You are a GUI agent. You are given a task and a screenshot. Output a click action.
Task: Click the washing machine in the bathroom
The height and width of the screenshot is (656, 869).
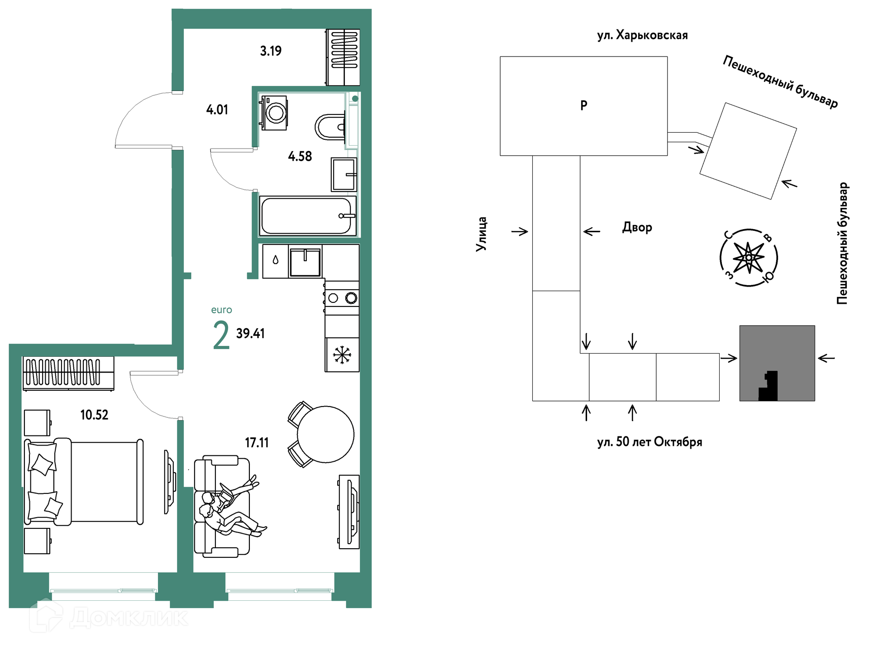pyautogui.click(x=273, y=112)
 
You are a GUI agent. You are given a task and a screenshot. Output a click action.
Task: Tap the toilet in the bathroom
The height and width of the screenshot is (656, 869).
pyautogui.click(x=330, y=127)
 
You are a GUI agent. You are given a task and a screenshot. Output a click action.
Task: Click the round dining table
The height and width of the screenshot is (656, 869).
pyautogui.click(x=325, y=434)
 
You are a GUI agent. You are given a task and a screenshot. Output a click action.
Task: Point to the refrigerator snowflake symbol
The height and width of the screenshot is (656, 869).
pyautogui.click(x=342, y=355)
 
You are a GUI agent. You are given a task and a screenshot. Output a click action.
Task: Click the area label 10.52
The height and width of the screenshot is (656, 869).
pyautogui.click(x=94, y=415)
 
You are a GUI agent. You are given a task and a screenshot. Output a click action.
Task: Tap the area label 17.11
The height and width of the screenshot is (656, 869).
pyautogui.click(x=257, y=442)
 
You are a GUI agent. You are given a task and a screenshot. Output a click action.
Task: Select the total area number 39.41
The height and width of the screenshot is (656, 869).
pyautogui.click(x=250, y=333)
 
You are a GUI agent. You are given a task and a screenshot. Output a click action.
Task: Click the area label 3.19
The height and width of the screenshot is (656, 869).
pyautogui.click(x=271, y=51)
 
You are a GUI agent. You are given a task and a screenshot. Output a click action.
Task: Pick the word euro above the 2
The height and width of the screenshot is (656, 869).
pyautogui.click(x=221, y=310)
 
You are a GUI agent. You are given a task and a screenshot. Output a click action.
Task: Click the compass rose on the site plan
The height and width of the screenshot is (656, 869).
pyautogui.click(x=749, y=258)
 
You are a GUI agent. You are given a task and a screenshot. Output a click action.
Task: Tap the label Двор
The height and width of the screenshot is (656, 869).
pyautogui.click(x=637, y=227)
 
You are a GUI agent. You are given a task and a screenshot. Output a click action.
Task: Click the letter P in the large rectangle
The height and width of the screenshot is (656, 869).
pyautogui.click(x=584, y=105)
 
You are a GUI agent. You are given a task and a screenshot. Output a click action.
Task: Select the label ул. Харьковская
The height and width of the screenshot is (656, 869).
pyautogui.click(x=642, y=35)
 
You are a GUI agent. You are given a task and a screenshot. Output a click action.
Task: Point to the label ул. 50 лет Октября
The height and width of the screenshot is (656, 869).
pyautogui.click(x=649, y=441)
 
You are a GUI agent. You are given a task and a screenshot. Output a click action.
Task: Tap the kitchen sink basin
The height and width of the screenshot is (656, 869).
pyautogui.click(x=305, y=262)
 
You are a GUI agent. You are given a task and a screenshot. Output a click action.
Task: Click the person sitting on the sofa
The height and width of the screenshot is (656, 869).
pyautogui.click(x=231, y=507)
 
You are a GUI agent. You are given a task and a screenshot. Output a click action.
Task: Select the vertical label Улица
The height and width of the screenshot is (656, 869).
pyautogui.click(x=481, y=234)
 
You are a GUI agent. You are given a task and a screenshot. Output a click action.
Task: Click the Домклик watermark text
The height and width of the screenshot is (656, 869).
pyautogui.click(x=129, y=617)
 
